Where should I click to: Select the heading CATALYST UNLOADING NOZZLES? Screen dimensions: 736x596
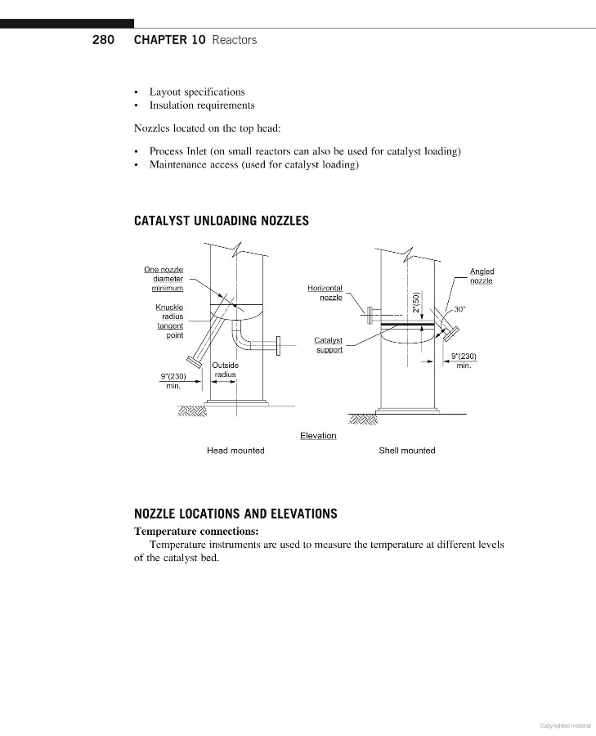coord(221,221)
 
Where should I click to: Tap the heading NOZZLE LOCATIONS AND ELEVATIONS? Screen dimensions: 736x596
coord(235,514)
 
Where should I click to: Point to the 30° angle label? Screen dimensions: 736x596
coord(459,309)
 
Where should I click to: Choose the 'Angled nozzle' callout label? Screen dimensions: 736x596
coord(482,276)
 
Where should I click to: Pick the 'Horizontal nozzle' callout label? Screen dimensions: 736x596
coord(325,292)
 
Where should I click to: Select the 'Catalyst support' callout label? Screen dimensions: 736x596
coord(329,345)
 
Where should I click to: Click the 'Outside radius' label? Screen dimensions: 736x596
coord(225,370)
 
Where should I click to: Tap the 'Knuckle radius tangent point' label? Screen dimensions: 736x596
coord(169,321)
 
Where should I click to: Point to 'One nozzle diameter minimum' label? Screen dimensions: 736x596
coord(164,279)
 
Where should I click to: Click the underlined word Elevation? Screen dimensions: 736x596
coord(318,436)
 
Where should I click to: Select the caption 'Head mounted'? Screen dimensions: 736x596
coord(235,451)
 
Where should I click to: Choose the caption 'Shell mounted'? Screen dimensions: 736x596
coord(407,451)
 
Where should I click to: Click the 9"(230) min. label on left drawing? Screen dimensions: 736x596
coord(173,380)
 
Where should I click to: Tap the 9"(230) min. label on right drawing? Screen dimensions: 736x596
coord(464,360)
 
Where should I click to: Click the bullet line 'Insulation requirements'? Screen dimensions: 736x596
coord(201,105)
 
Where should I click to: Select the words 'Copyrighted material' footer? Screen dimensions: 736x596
coord(566,725)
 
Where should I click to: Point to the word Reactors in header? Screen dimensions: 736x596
coord(234,40)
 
